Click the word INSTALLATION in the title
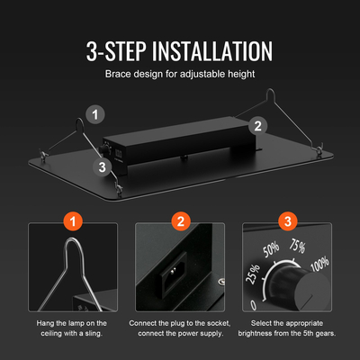coord(212,51)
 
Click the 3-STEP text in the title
coord(116,51)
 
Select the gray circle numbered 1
coord(95,114)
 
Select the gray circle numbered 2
coord(258,126)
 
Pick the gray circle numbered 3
coord(103,166)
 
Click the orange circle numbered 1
coord(73,221)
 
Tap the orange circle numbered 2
coord(180,221)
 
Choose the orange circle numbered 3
coord(288,221)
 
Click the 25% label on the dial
coord(253,274)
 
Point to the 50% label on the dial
coord(271,250)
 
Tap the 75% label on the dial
coord(297,246)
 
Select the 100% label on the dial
coord(319,265)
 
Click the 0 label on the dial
coord(254,305)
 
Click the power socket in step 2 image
coord(174,275)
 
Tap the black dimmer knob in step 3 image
coord(297,288)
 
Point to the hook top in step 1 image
coord(72,239)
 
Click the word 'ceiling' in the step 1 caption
coord(51,333)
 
